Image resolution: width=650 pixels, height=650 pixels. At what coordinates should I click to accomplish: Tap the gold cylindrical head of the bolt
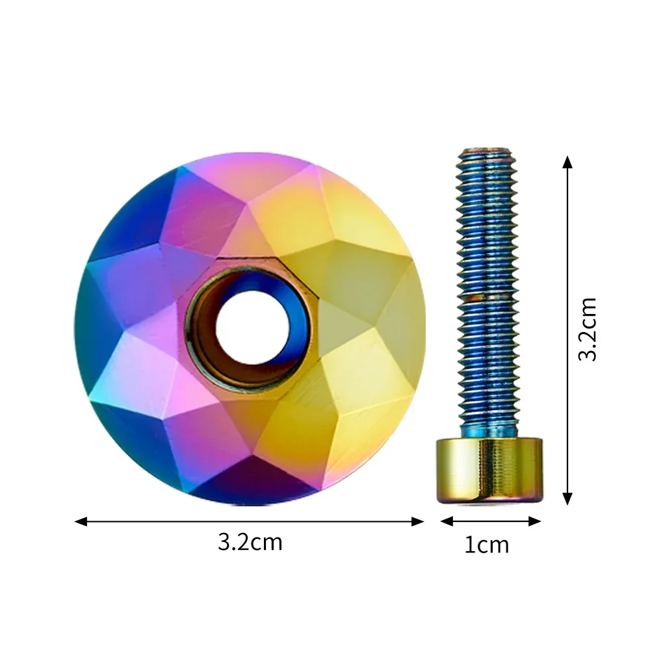(x=489, y=470)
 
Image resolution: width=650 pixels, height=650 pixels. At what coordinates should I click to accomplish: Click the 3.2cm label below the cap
(x=250, y=542)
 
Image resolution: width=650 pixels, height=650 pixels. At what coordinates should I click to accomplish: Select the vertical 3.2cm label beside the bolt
(x=588, y=329)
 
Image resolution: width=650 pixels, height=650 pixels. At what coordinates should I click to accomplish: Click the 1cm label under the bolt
(x=487, y=545)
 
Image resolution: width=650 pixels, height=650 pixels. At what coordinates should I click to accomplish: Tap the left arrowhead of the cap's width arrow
(x=81, y=521)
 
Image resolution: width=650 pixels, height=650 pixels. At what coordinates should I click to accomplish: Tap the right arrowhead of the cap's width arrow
(x=417, y=521)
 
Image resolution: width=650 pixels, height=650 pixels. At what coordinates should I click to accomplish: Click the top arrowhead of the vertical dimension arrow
(x=567, y=162)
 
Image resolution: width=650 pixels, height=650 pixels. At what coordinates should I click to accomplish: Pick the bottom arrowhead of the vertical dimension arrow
(x=567, y=499)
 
